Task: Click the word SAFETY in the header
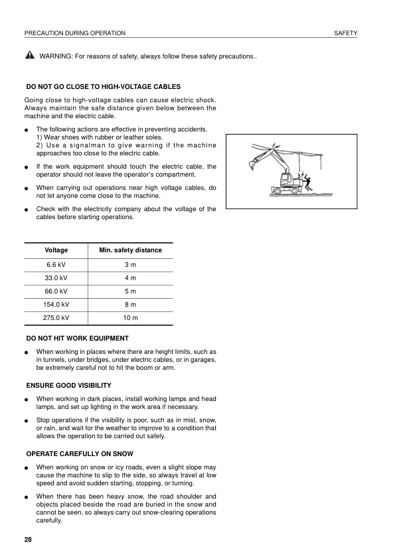click(x=345, y=33)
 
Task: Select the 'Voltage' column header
click(x=56, y=250)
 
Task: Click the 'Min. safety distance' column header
click(x=130, y=250)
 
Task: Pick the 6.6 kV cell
click(x=56, y=264)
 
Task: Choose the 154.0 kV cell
click(x=56, y=304)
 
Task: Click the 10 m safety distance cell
click(x=130, y=317)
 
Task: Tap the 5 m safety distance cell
click(x=130, y=291)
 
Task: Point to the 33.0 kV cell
click(x=56, y=278)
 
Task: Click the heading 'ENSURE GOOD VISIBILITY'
click(x=68, y=385)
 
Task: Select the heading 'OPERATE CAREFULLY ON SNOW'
click(x=79, y=453)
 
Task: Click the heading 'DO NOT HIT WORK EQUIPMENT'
click(x=77, y=338)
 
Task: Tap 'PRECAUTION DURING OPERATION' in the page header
click(x=74, y=33)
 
